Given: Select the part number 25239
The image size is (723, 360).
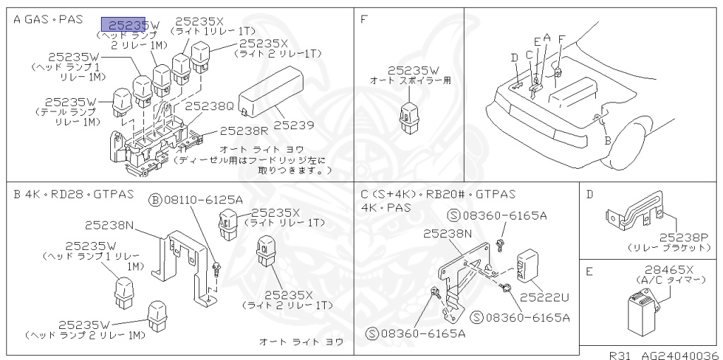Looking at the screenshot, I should (x=293, y=125).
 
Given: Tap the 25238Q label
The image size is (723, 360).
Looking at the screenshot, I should (x=209, y=106).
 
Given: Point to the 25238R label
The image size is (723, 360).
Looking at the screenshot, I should (x=244, y=131).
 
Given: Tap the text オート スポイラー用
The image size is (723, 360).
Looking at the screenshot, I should (x=410, y=81).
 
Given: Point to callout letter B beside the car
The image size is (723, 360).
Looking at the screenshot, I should (x=607, y=140).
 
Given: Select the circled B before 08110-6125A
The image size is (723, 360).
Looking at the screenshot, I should (x=155, y=200).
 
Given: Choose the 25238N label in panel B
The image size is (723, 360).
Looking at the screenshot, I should (x=109, y=225).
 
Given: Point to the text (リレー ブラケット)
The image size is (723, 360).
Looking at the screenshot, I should (x=669, y=248).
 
